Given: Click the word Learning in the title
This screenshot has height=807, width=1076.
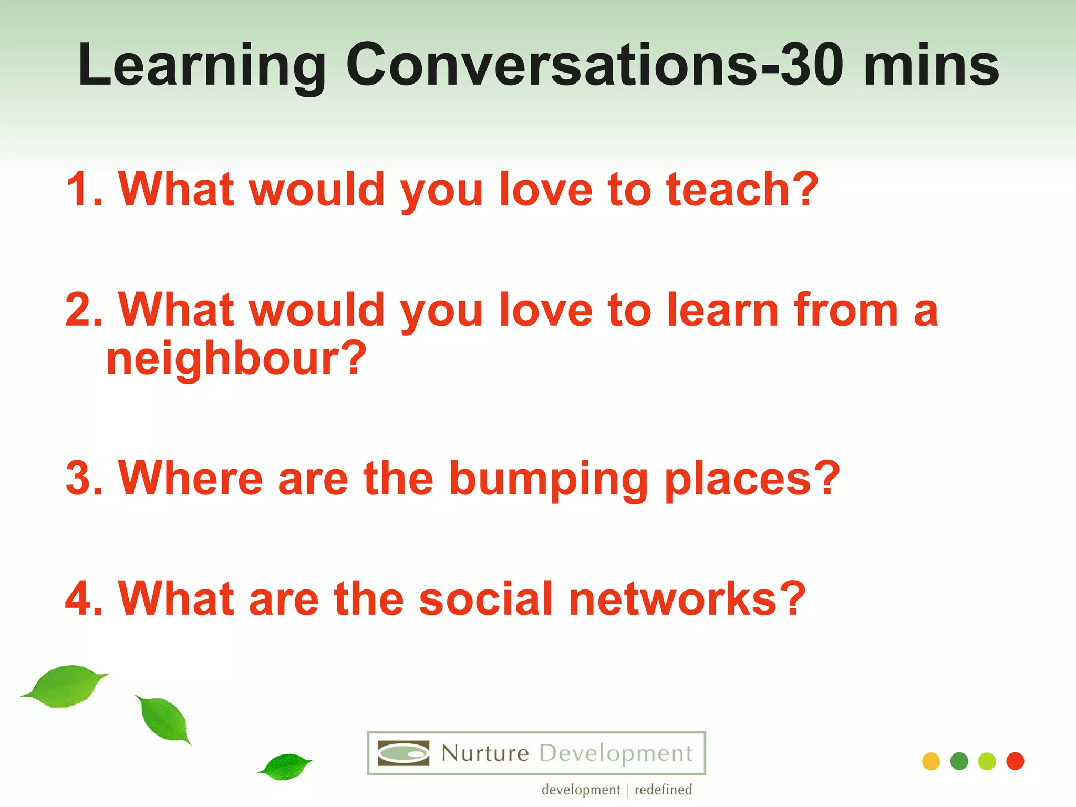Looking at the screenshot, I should tap(202, 66).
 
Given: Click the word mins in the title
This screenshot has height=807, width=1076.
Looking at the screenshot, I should tap(931, 65).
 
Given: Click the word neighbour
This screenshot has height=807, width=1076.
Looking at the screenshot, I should tap(236, 360).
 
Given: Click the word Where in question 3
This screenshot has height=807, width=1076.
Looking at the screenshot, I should tap(190, 478).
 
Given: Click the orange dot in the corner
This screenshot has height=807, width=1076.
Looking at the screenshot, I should tap(930, 761).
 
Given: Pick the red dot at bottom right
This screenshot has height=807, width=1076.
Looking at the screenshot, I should tap(1015, 761).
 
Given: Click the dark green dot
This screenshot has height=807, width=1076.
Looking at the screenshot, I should tap(959, 761).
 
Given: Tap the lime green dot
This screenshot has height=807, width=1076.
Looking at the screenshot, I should tap(987, 761).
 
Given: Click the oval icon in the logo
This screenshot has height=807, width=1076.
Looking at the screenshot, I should tap(403, 753).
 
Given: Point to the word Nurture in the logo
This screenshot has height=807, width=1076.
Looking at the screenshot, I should tap(485, 753).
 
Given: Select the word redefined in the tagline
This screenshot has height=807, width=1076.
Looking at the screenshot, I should tap(663, 790).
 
